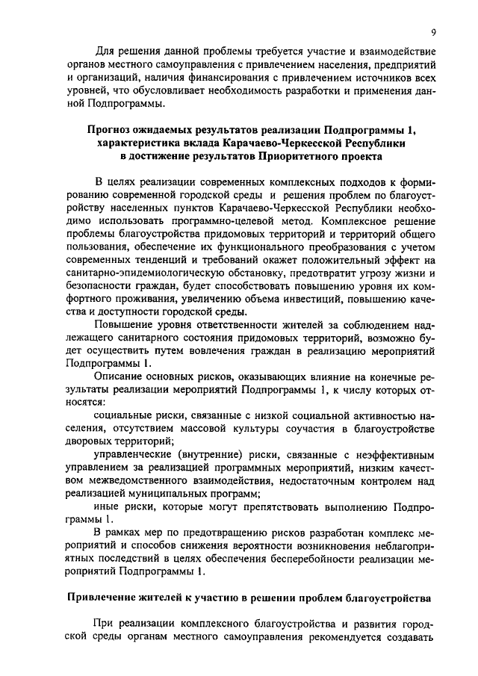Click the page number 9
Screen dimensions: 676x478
[x=434, y=32]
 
